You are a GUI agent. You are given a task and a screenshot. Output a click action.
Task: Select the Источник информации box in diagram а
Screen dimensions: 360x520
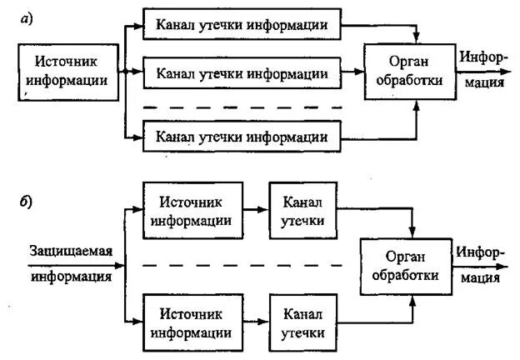69,72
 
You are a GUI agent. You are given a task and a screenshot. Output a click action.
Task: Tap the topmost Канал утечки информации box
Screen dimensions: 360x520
242,25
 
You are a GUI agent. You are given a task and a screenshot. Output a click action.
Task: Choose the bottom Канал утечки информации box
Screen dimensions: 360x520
242,135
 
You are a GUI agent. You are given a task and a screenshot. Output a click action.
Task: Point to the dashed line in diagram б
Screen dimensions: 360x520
242,266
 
